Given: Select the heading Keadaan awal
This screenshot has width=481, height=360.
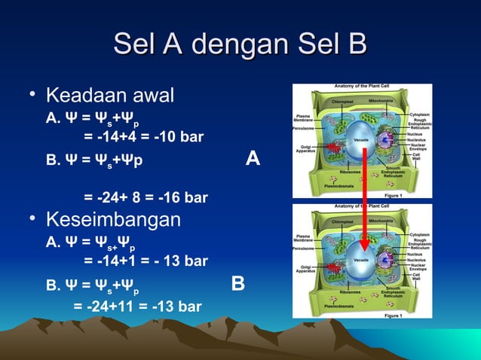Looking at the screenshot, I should point(110,96).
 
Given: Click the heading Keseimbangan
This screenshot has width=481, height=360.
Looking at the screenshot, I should point(113,220).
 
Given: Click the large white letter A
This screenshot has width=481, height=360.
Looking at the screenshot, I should point(253,159).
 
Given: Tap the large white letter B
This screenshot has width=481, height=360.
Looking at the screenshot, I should point(238,284).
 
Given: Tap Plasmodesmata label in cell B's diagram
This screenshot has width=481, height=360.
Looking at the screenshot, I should point(339,307).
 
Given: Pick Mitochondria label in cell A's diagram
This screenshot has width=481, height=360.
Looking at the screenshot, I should point(379,99).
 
